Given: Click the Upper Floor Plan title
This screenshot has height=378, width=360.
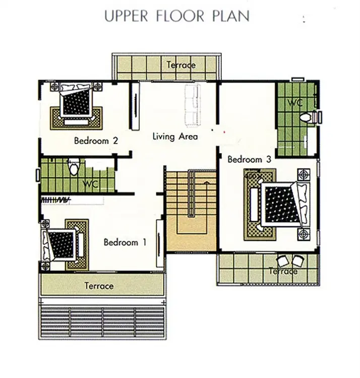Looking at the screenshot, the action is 177,17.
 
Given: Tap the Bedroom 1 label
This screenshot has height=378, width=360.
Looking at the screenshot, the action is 125,242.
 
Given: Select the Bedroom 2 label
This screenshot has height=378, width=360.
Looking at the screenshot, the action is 96,141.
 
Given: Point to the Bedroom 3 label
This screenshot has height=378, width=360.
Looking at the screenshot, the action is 249,159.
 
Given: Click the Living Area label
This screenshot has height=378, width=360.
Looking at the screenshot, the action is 175,137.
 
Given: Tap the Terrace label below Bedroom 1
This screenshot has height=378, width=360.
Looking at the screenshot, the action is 99,286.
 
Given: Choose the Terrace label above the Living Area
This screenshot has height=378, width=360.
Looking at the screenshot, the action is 181,65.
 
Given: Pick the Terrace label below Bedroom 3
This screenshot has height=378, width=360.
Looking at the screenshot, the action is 283,272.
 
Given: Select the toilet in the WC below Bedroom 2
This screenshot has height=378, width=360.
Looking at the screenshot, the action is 74,166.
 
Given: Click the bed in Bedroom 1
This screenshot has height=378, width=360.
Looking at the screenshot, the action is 60,245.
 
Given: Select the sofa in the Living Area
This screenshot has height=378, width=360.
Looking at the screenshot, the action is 192,105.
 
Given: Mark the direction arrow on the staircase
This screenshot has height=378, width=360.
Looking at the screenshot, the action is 206,183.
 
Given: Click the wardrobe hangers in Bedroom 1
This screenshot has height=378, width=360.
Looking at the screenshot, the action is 55,200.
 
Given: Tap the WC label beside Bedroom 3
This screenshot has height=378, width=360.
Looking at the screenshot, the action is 295,103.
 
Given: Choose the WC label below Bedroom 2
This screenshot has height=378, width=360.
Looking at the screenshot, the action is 91,184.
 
